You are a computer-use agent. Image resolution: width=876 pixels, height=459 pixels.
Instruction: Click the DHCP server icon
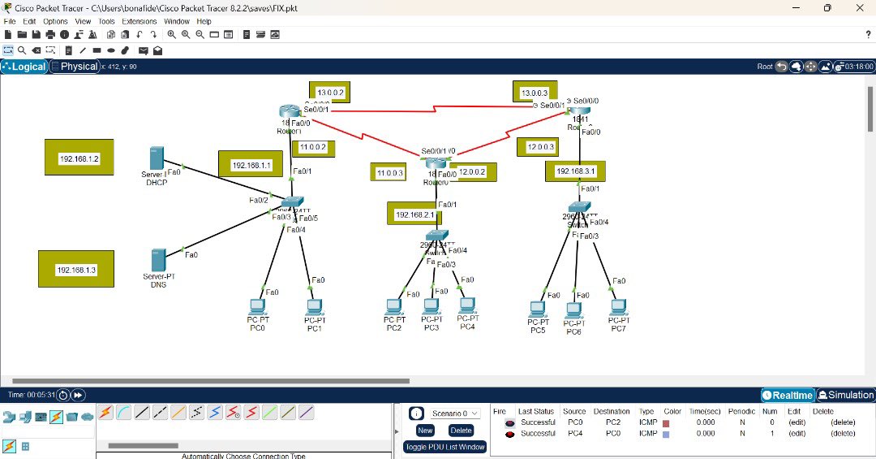point(157,158)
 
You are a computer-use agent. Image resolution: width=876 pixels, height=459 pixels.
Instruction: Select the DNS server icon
point(158,260)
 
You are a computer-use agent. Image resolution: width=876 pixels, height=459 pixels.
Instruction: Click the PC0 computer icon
point(257,307)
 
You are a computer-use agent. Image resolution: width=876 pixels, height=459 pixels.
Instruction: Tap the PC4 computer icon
point(466,306)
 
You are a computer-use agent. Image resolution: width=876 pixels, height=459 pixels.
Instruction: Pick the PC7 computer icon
point(619,307)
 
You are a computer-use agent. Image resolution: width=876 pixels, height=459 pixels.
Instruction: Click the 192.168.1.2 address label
point(79,158)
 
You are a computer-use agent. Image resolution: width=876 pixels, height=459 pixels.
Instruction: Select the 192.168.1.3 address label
point(75,270)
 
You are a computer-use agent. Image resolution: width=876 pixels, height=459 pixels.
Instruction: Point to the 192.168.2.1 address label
point(414,214)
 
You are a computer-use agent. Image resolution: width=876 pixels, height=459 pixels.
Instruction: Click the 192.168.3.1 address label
point(575,171)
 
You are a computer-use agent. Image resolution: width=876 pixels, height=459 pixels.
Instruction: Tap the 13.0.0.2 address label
point(330,93)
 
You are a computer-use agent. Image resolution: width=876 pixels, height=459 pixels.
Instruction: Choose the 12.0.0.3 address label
point(540,147)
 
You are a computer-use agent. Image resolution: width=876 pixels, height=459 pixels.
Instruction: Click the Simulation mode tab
point(846,395)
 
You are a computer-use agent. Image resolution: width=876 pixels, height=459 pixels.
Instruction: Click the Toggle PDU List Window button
point(445,447)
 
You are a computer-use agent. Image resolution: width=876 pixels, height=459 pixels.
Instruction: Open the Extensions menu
point(140,21)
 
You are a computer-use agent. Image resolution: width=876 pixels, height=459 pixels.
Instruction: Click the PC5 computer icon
point(536,309)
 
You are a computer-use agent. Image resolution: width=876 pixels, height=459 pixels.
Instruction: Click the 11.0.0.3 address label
point(389,173)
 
